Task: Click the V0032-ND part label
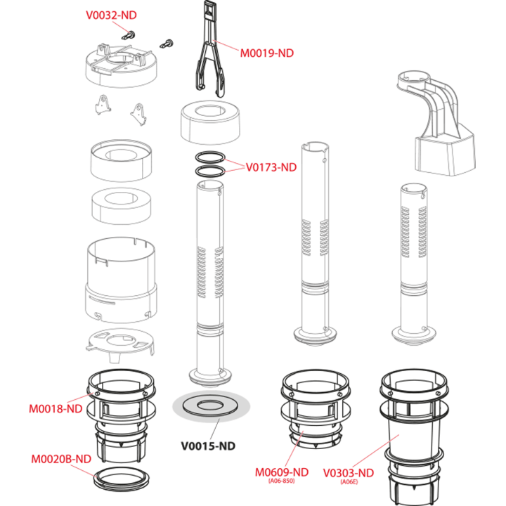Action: point(111,15)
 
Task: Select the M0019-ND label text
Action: point(267,53)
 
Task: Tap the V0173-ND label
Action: point(271,167)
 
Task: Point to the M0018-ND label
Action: point(56,409)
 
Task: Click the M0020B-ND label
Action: point(61,459)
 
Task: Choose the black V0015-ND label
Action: point(208,446)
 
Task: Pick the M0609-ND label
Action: point(282,472)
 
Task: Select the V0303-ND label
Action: point(349,473)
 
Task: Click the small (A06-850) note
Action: point(281,481)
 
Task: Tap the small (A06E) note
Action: point(349,482)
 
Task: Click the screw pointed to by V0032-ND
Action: point(129,35)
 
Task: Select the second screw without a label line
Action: point(167,44)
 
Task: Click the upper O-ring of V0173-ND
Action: point(210,157)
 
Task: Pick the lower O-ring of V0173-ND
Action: point(210,171)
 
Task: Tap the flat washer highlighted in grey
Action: point(211,406)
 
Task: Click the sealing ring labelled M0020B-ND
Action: point(122,478)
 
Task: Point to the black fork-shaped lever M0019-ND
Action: point(209,48)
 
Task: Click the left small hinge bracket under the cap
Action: point(103,105)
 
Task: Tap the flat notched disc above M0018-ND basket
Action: point(120,344)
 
